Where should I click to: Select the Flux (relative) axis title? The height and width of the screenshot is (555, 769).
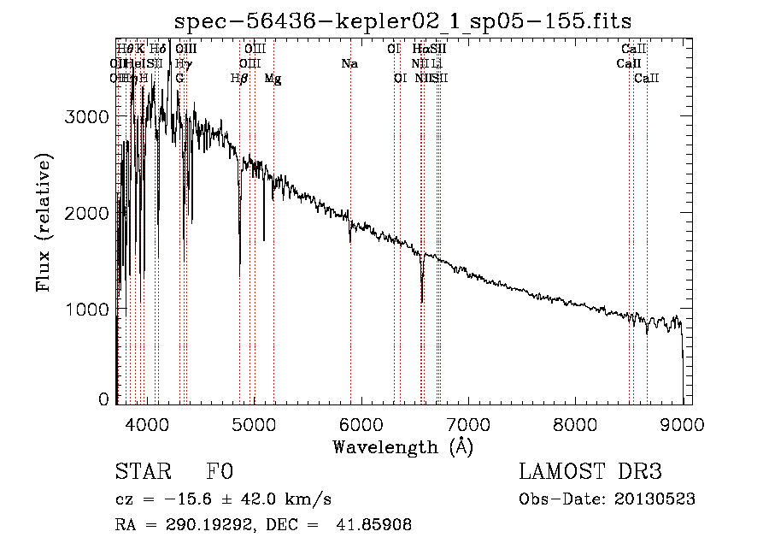[x=44, y=222]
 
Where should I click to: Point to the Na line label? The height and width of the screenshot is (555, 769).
[x=349, y=63]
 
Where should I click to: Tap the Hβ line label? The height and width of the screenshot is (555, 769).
[x=239, y=78]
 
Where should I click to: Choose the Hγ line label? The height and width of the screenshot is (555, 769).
[x=182, y=63]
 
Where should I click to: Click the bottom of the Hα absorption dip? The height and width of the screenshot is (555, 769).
[x=422, y=300]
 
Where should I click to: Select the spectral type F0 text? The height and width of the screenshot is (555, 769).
[x=219, y=473]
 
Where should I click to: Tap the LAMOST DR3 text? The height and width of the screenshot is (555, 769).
[x=590, y=473]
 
